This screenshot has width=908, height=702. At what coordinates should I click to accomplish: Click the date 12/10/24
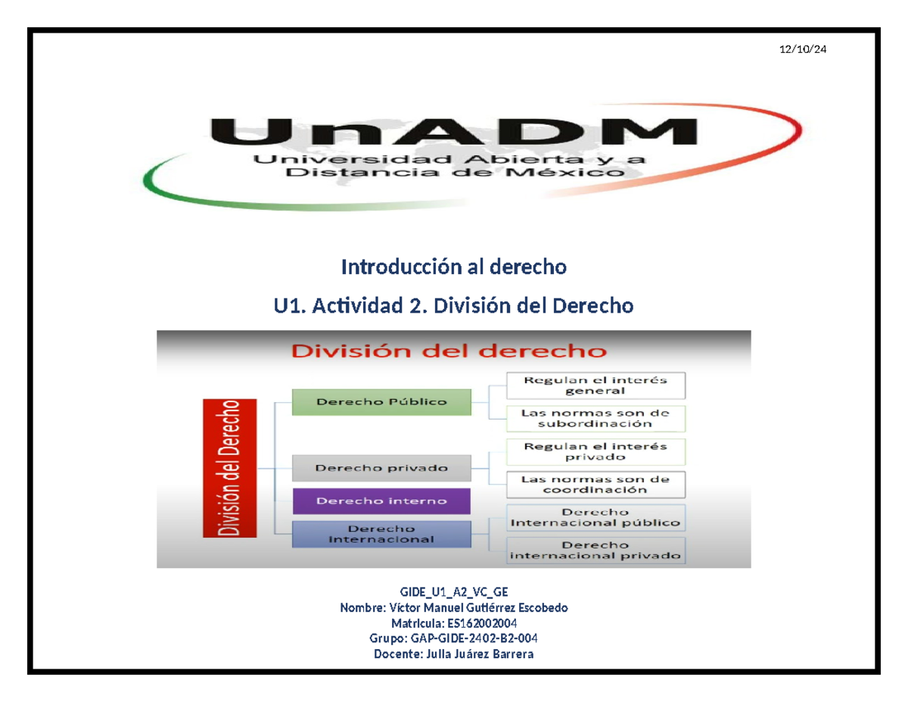[803, 50]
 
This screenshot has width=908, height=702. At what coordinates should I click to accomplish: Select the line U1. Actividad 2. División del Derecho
[453, 306]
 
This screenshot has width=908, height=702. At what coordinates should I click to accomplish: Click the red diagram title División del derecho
[449, 351]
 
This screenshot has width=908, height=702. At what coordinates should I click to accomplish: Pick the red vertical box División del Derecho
[229, 467]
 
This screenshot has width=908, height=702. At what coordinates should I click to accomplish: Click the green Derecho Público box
[381, 401]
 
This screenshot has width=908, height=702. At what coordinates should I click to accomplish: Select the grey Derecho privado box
[381, 468]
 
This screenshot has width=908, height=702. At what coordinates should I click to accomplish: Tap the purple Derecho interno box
[381, 501]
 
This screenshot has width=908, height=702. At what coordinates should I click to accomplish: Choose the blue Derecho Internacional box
[381, 533]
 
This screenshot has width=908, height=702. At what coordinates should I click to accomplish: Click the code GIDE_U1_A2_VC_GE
[453, 593]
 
